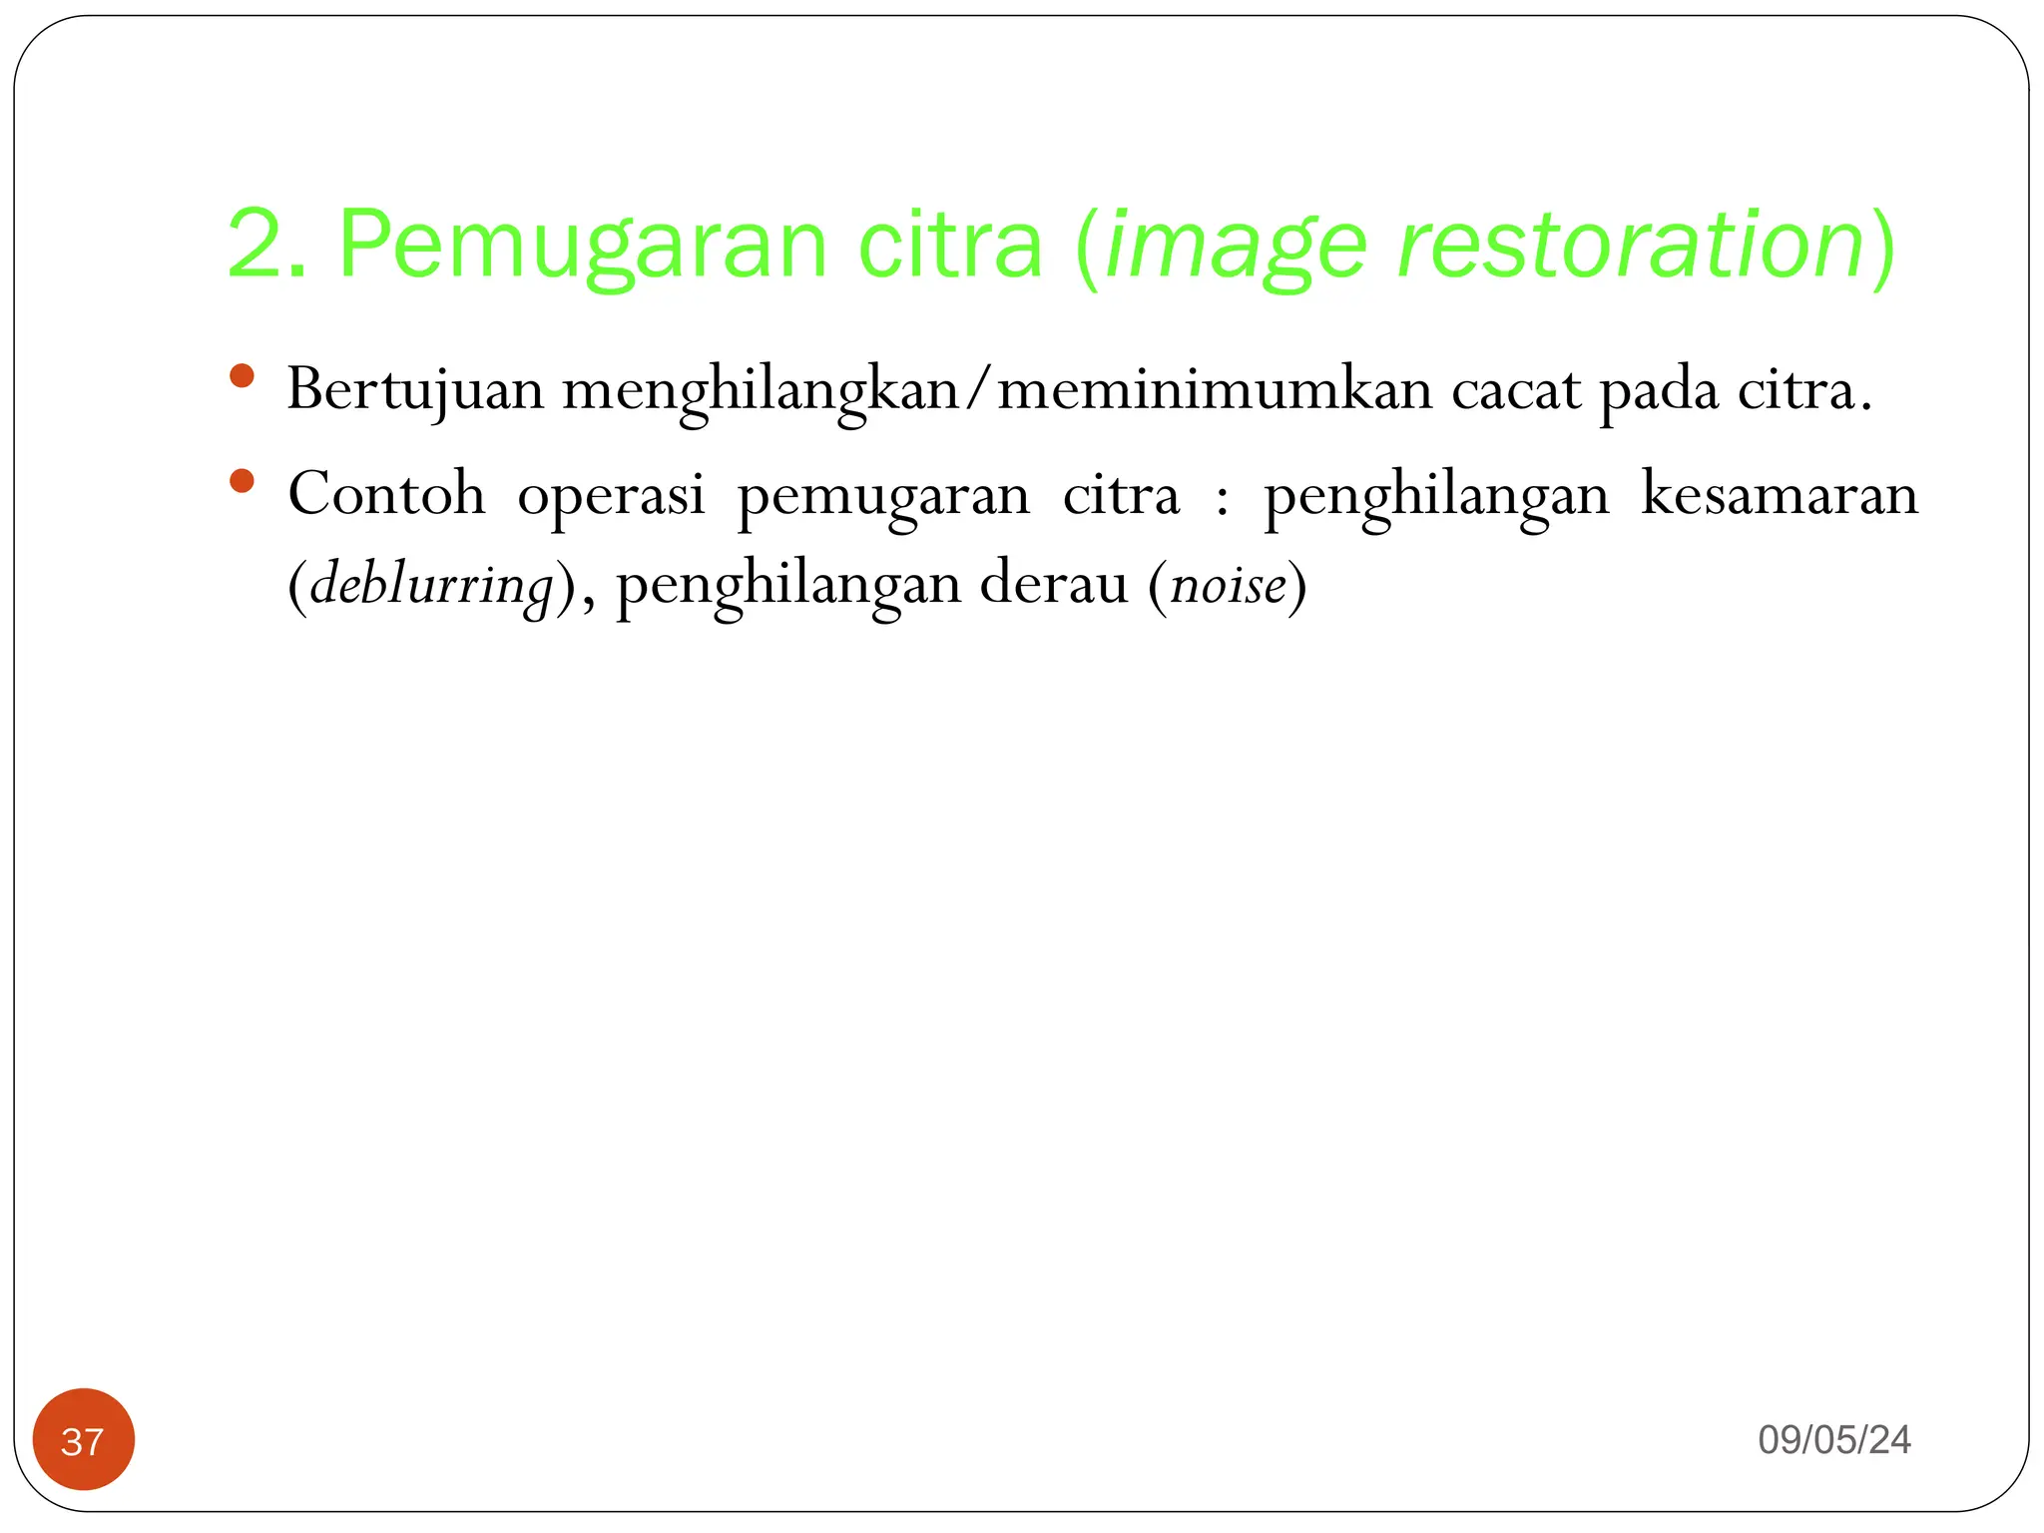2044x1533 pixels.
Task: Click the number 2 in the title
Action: click(x=255, y=245)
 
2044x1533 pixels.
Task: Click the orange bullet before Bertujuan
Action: click(x=242, y=376)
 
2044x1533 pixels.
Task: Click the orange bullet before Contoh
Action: click(x=242, y=482)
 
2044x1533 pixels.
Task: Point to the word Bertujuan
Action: click(x=415, y=390)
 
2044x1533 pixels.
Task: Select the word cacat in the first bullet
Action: click(x=1516, y=390)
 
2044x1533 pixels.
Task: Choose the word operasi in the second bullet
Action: click(x=611, y=496)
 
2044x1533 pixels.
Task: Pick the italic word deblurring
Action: click(x=431, y=586)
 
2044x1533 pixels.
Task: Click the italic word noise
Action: click(x=1228, y=586)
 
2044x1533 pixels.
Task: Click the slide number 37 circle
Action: click(x=83, y=1440)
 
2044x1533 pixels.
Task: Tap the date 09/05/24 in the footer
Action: click(x=1834, y=1440)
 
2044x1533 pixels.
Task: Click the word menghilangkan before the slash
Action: click(x=760, y=390)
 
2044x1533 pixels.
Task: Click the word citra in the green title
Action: click(x=950, y=245)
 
